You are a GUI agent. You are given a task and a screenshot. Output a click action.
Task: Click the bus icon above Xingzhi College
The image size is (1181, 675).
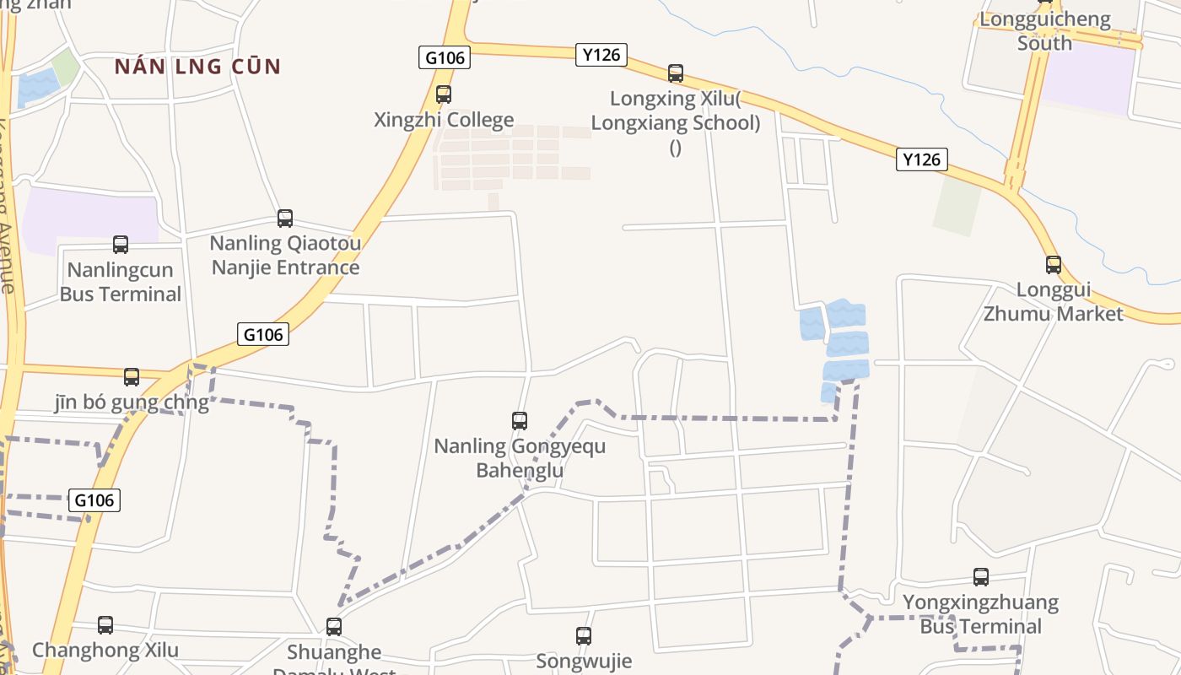coord(444,94)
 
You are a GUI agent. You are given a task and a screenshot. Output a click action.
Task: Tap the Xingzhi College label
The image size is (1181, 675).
coord(444,120)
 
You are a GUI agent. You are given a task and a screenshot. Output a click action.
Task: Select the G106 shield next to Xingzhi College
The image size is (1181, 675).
coord(445,57)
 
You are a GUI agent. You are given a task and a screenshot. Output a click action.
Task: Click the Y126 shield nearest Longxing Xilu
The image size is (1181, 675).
coord(601,55)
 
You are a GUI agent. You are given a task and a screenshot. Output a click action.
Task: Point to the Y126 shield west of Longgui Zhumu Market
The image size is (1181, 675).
coord(921,159)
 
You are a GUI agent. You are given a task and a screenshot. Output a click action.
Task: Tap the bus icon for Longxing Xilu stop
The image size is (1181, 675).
coord(676,73)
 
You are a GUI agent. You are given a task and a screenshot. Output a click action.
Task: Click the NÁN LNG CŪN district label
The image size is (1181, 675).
coord(197,67)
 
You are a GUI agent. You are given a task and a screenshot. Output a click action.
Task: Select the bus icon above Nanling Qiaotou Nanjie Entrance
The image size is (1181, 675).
coord(285,219)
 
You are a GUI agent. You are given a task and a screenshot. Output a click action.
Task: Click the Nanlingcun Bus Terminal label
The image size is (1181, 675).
coord(121,282)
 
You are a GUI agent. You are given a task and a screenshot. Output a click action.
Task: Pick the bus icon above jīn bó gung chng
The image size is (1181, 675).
coord(132,377)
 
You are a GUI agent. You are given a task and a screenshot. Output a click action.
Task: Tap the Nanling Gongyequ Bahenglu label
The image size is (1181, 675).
coord(520,457)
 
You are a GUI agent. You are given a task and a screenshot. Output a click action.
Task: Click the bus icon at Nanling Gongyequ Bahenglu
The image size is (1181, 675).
coord(520,420)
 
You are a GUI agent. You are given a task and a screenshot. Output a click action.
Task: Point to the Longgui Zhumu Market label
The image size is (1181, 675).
coord(1054,301)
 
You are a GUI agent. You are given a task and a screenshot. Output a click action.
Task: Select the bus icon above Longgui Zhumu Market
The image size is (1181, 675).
coord(1054,264)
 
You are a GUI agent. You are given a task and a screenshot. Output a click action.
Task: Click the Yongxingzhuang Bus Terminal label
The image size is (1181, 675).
coord(981,614)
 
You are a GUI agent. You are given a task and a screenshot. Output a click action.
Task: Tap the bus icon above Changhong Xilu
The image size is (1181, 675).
coord(105,625)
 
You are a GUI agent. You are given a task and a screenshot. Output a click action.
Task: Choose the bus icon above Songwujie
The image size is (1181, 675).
coord(584,636)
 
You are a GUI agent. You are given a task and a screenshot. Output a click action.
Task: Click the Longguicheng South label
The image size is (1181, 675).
coord(1044,31)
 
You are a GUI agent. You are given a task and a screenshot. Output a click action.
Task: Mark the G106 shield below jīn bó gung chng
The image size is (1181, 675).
coord(94,500)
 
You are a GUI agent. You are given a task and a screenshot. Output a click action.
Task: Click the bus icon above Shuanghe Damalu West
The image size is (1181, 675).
coord(334,627)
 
